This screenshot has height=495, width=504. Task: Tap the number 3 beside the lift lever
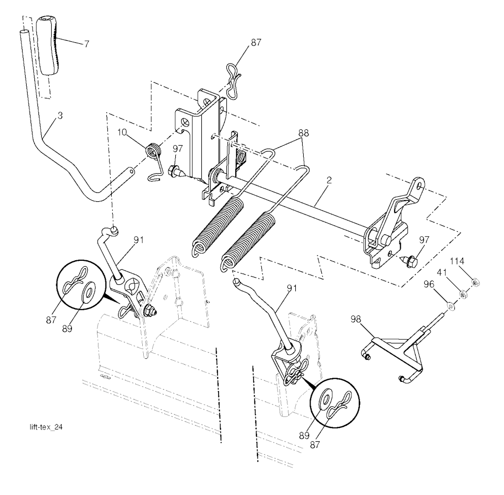tap(60, 116)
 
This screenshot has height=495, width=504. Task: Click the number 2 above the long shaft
tap(329, 181)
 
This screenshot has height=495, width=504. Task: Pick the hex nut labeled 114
tap(475, 282)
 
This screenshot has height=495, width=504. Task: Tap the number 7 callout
tap(87, 44)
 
